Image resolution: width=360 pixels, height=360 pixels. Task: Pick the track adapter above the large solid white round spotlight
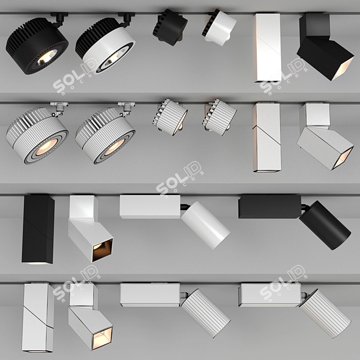tap(127, 19)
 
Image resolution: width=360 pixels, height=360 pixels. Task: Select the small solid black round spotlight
tap(169, 26)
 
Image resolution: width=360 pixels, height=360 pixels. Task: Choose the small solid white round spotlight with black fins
tap(220, 26)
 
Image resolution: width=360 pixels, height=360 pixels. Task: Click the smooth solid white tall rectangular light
tap(268, 47)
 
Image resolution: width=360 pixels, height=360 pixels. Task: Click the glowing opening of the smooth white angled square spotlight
tap(102, 250)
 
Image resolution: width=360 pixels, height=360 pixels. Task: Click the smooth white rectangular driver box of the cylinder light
tap(149, 206)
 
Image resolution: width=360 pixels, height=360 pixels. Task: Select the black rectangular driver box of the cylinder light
tap(269, 206)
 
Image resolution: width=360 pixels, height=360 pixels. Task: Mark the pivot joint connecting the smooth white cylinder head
tap(184, 206)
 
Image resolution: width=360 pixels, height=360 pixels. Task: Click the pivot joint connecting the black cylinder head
tap(304, 206)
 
